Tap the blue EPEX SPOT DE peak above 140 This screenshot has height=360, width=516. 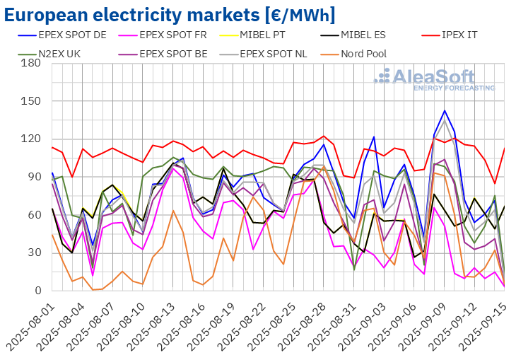pos(445,110)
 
